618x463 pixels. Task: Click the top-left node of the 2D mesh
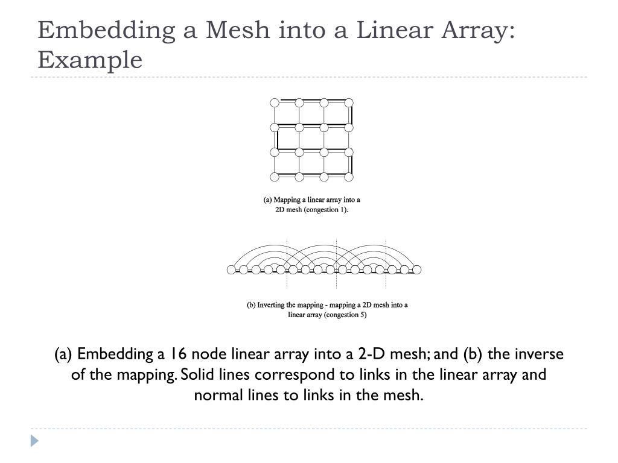click(275, 102)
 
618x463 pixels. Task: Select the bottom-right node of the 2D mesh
click(349, 177)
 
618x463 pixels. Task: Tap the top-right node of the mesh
click(349, 102)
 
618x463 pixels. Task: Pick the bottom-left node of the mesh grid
click(275, 177)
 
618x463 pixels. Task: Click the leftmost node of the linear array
click(231, 269)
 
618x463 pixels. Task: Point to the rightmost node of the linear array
click(416, 269)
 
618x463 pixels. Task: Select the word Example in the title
click(90, 60)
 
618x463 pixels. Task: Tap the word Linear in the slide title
click(392, 30)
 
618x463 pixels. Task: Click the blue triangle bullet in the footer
click(34, 441)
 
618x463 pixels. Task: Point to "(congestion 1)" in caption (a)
click(327, 210)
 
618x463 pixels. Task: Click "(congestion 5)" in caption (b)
click(345, 315)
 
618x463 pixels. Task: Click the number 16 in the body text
click(176, 354)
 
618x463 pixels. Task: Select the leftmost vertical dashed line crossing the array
click(287, 265)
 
